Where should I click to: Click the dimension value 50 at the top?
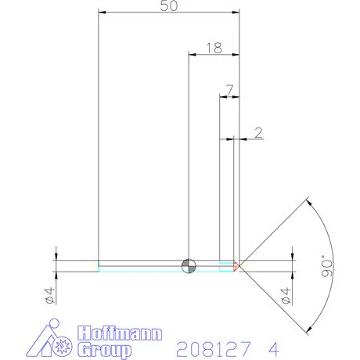[168, 6]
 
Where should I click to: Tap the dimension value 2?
[257, 133]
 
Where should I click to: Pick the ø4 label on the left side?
[48, 296]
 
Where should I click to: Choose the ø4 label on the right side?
[286, 296]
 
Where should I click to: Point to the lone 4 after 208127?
[272, 346]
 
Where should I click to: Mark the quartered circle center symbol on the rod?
[188, 265]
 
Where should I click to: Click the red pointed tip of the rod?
[237, 265]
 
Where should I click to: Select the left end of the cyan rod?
[99, 266]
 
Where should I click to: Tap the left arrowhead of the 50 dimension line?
[100, 13]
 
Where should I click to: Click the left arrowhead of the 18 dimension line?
[192, 54]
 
